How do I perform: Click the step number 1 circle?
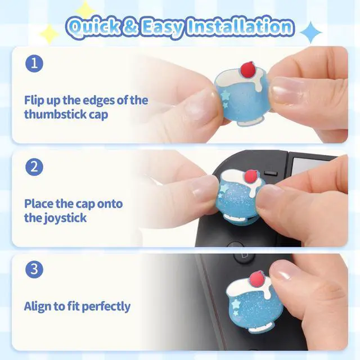coord(34,64)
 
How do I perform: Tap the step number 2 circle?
coord(34,167)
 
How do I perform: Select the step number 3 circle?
coord(34,269)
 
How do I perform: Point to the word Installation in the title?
coord(240,26)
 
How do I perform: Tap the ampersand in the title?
coord(130,27)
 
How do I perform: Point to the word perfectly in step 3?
coord(106,307)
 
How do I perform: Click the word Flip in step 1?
coord(34,100)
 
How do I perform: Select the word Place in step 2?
coord(39,204)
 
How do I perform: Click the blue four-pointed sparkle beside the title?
coord(311,33)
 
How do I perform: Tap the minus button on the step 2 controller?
coord(271,173)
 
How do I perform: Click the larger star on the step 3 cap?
coord(236,304)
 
